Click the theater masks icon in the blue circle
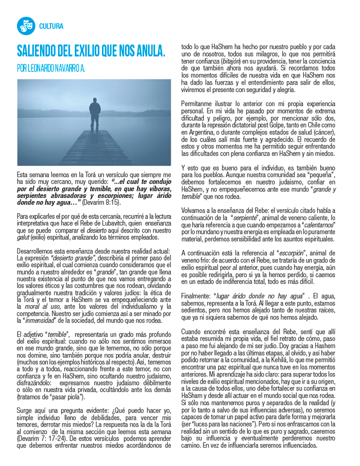click(25, 25)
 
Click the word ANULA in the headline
click(148, 51)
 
